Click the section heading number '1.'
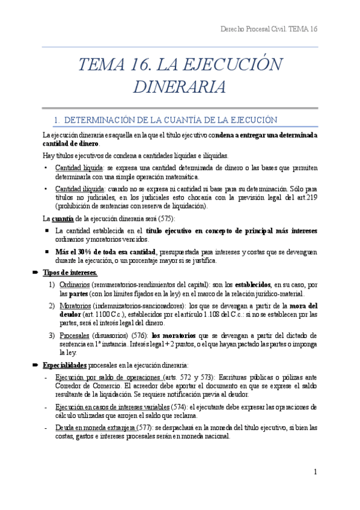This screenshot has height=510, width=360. pyautogui.click(x=57, y=120)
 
